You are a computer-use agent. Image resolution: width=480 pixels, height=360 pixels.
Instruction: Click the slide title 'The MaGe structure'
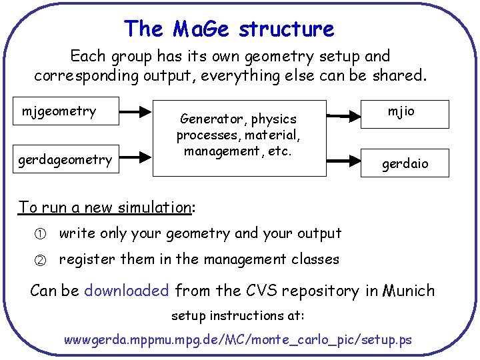(x=229, y=29)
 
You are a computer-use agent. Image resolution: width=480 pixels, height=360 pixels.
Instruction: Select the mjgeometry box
(x=59, y=111)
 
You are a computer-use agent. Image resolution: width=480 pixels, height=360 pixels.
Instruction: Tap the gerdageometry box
(x=65, y=160)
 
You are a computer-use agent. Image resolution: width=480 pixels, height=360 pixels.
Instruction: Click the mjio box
(x=401, y=111)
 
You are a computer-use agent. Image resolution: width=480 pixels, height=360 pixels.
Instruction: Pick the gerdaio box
(x=405, y=163)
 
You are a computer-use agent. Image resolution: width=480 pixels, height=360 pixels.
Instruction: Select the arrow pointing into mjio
(x=344, y=115)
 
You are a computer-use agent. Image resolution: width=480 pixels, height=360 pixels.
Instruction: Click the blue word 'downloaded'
(x=127, y=291)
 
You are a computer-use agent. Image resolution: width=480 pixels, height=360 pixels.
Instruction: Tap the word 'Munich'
(x=408, y=291)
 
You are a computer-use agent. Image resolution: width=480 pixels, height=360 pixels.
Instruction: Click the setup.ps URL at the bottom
(x=237, y=340)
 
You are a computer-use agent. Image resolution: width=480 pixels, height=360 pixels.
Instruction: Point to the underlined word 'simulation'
(x=153, y=207)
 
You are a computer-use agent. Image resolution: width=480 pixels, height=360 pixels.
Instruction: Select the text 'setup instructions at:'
(x=238, y=315)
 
